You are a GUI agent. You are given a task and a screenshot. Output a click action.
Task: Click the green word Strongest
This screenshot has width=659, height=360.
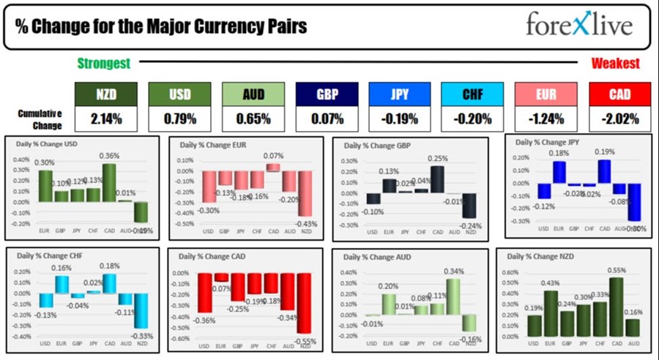[x=104, y=64]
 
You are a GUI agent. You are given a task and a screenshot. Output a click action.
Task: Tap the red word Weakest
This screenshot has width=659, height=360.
[x=615, y=64]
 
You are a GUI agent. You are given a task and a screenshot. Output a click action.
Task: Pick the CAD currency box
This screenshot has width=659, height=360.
[x=619, y=94]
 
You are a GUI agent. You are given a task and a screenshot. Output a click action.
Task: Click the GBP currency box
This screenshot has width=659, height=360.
[x=327, y=94]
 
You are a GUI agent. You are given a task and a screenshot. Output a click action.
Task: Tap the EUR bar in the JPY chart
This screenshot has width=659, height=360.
[x=559, y=172]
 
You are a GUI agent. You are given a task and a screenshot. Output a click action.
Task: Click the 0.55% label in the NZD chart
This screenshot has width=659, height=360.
[x=617, y=271]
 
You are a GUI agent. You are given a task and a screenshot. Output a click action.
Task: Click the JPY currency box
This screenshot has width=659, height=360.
[x=400, y=94]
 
